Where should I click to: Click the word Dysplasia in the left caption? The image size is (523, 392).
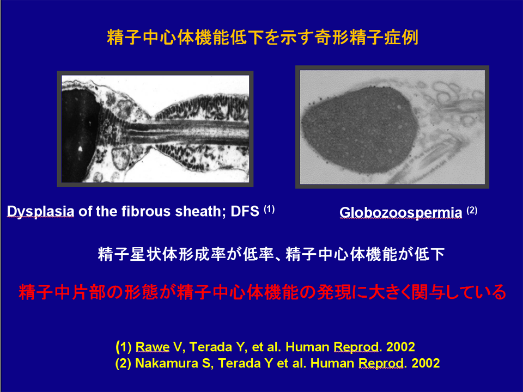(40, 211)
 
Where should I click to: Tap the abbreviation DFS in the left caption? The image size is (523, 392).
(245, 211)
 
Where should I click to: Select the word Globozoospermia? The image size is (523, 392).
(400, 213)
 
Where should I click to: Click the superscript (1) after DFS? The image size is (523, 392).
(269, 209)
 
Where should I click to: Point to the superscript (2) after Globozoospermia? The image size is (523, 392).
(472, 211)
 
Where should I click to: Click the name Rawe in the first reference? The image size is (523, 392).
(153, 347)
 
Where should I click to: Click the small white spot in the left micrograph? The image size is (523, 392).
(80, 149)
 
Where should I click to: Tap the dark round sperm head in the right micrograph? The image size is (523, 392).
(360, 130)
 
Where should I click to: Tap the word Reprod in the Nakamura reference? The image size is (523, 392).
(381, 363)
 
